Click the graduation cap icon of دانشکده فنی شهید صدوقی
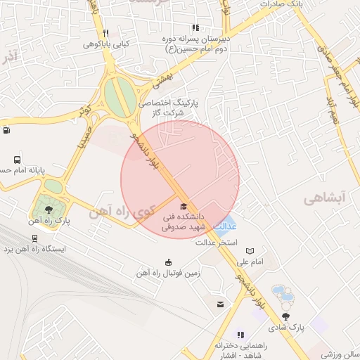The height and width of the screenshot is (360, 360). point(184,206)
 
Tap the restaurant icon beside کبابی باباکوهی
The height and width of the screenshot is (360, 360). point(105,33)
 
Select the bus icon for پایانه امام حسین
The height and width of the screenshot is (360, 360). point(18,160)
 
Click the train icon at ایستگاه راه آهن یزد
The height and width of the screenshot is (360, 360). point(34,238)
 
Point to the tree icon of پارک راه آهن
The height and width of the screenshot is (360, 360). point(49,209)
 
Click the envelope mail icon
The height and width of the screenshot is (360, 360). point(221,304)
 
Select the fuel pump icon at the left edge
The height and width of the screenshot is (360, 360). point(6,129)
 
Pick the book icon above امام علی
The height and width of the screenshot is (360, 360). point(250,251)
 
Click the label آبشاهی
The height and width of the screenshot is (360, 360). point(325,200)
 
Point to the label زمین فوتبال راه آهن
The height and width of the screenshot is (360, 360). point(168,273)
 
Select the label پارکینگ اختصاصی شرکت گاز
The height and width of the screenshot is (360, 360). point(169,107)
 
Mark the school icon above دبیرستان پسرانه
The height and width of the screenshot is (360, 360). point(195,28)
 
